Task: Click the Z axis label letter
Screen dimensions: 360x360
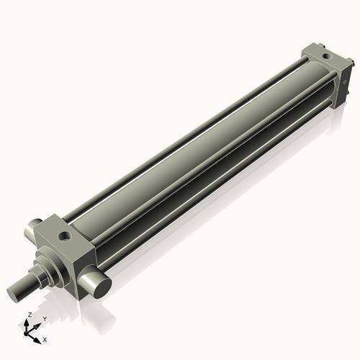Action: point(29,315)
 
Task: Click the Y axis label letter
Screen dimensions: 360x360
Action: point(44,319)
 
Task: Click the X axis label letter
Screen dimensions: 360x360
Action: point(45,338)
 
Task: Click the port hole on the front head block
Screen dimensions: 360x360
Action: point(66,234)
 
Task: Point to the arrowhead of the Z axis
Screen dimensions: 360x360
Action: point(29,322)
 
